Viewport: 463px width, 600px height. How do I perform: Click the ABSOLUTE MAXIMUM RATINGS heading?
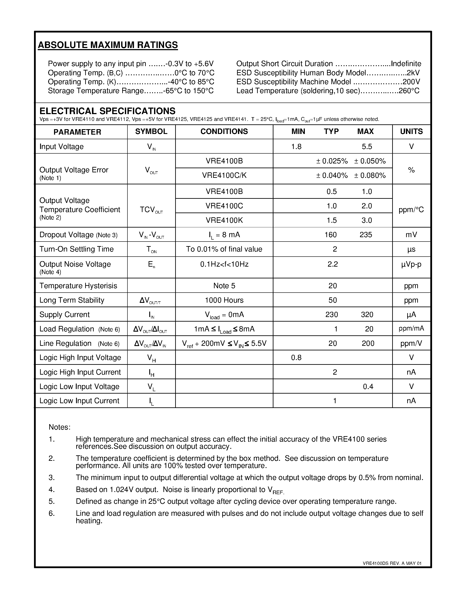(x=108, y=45)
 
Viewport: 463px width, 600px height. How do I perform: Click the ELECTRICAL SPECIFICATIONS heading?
(x=107, y=111)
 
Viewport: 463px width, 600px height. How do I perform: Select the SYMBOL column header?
(x=151, y=131)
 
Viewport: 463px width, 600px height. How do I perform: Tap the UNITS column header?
(x=411, y=131)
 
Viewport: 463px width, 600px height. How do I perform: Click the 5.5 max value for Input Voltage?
(x=367, y=146)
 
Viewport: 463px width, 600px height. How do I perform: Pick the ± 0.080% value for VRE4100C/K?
(x=370, y=175)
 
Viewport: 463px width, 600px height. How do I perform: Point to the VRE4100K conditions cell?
(x=224, y=220)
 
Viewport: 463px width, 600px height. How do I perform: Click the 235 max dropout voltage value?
(x=366, y=235)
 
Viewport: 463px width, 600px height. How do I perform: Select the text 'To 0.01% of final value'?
(x=224, y=249)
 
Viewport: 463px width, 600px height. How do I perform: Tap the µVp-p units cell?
(x=411, y=264)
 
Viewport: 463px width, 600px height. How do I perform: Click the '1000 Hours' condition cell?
(x=224, y=300)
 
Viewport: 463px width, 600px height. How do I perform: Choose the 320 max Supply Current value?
(x=367, y=315)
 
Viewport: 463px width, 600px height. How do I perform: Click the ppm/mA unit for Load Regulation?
(x=411, y=328)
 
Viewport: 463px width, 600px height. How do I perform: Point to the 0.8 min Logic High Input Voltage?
(x=296, y=357)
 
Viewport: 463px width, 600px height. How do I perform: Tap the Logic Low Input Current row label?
(x=79, y=401)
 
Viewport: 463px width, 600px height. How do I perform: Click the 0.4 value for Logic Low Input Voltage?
(x=368, y=387)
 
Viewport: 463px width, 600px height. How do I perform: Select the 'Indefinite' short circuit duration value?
(x=406, y=64)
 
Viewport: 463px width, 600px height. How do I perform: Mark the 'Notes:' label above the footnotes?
(x=59, y=427)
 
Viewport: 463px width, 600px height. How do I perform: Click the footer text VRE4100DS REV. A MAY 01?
(x=392, y=563)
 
